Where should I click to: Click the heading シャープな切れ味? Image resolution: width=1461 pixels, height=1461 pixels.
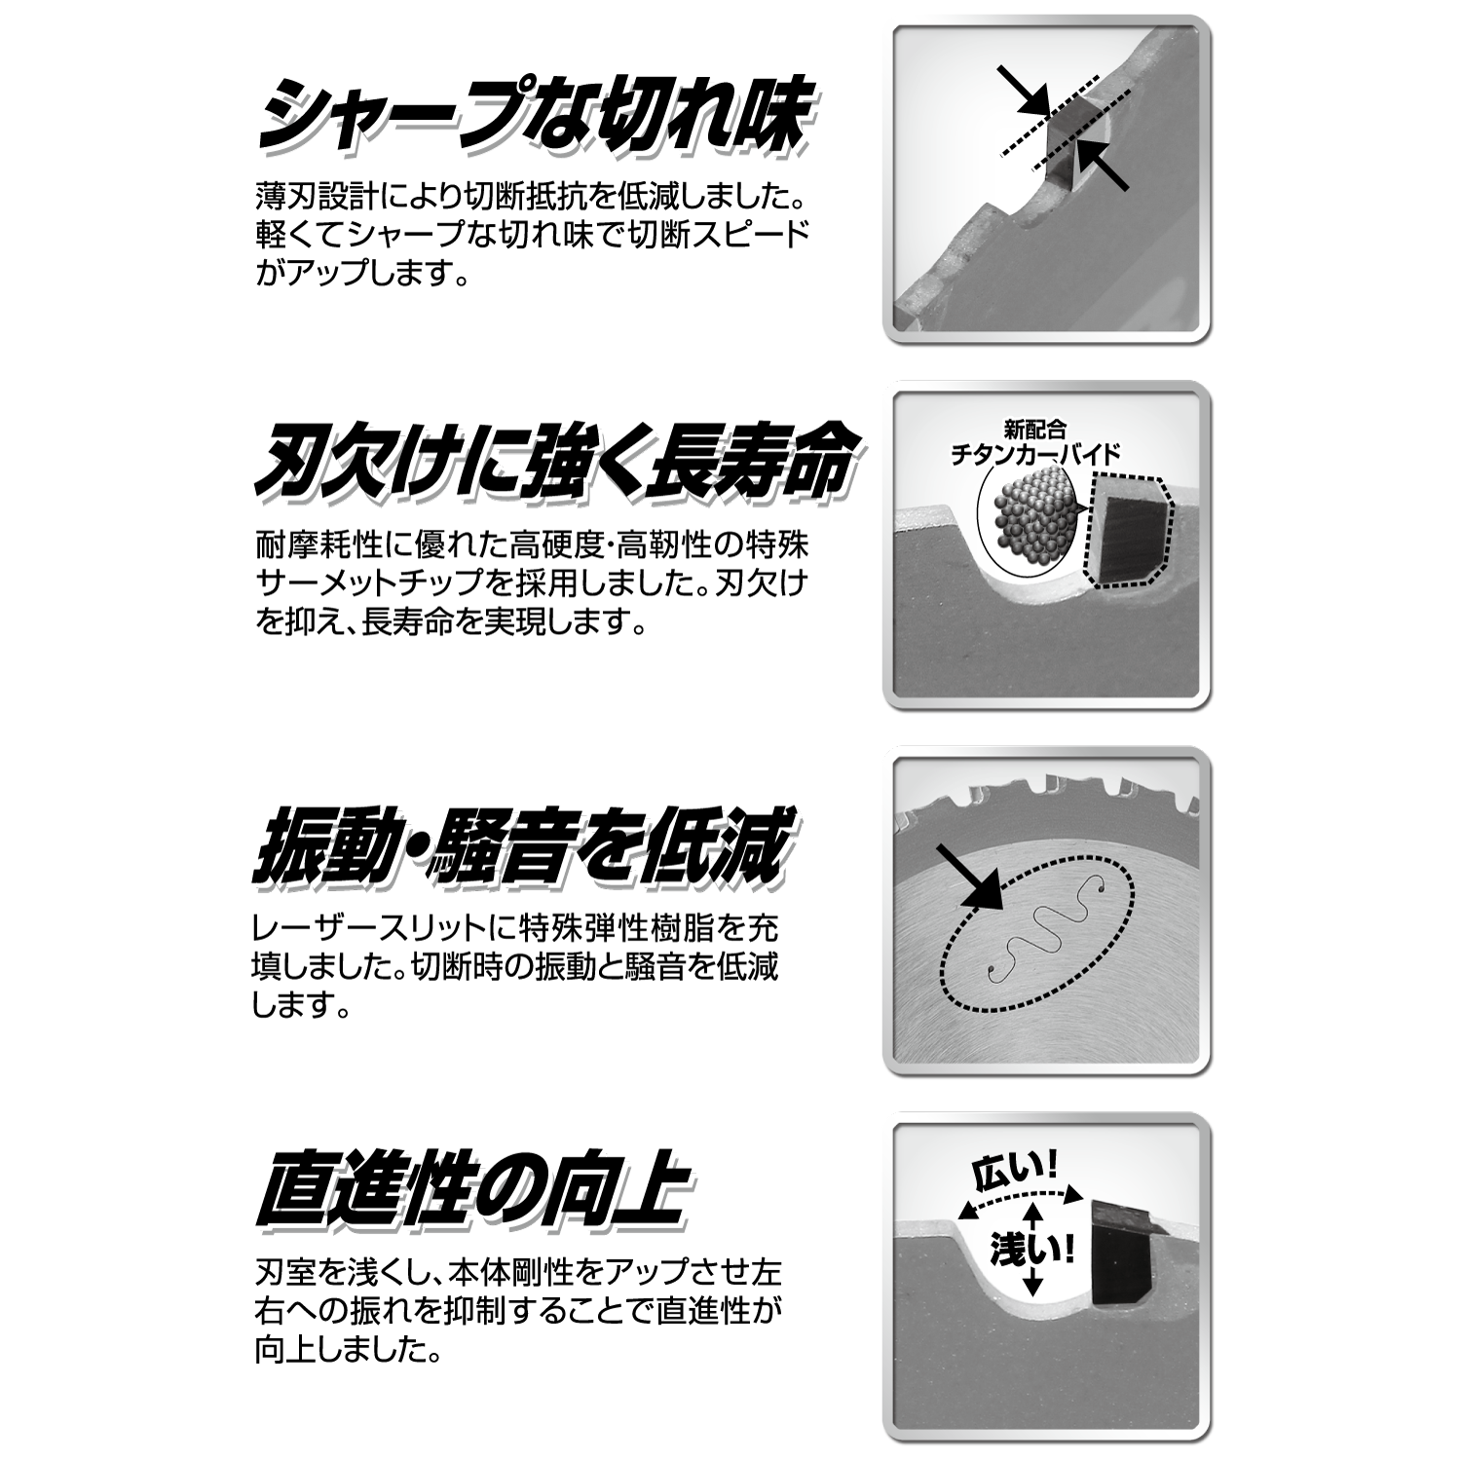534,119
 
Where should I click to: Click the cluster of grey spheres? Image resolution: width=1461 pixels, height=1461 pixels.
1033,516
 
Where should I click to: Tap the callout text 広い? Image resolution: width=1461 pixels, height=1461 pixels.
1016,1173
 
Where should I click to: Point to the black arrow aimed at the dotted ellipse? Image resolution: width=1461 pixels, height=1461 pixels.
970,877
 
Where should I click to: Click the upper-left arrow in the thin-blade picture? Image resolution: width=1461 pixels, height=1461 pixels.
1023,91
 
